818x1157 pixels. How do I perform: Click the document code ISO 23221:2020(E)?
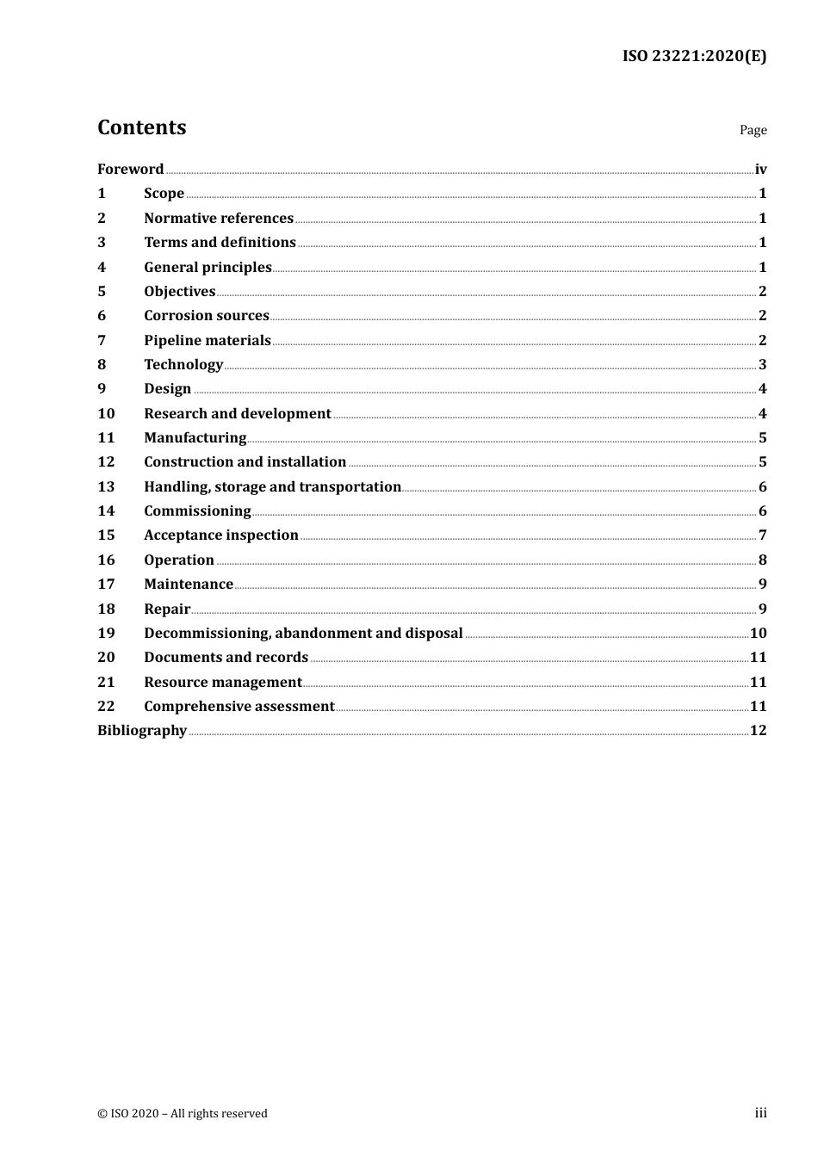pos(693,56)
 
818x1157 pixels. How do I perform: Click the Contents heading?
pos(142,127)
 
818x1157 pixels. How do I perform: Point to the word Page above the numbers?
pos(753,130)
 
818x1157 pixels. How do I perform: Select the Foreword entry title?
pos(130,169)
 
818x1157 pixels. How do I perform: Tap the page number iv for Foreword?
pos(760,169)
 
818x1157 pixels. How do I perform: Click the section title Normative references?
pos(219,218)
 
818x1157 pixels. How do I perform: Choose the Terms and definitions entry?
pos(220,242)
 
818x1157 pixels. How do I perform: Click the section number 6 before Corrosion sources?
pos(102,315)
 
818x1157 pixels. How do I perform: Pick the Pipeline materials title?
pos(208,340)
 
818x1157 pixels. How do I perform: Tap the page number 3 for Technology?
pos(762,364)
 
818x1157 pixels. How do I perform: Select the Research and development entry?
pos(238,413)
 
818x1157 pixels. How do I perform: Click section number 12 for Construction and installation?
pos(106,461)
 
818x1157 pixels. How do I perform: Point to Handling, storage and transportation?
pos(272,486)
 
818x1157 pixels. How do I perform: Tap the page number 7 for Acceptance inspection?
pos(762,535)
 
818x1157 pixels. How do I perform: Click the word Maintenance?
pos(189,584)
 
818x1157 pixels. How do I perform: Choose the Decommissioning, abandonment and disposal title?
pos(303,633)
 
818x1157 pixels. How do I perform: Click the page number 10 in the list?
pos(758,633)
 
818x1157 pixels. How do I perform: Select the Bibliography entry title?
pos(142,730)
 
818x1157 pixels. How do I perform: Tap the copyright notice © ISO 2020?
pos(183,1113)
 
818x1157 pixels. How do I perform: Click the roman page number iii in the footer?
pos(760,1113)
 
